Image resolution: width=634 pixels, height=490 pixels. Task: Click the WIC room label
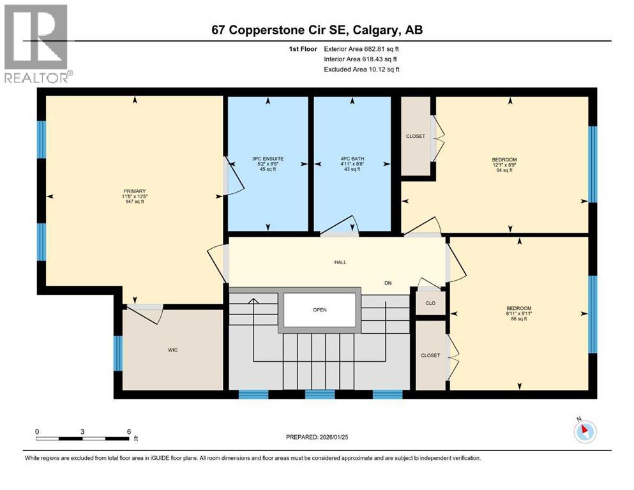pyautogui.click(x=172, y=350)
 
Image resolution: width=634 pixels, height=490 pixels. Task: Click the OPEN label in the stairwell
pyautogui.click(x=319, y=310)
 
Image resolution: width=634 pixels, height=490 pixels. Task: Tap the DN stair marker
pyautogui.click(x=388, y=283)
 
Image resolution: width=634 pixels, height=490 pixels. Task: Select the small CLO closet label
pyautogui.click(x=430, y=303)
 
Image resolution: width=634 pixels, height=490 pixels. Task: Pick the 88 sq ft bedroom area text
pyautogui.click(x=518, y=320)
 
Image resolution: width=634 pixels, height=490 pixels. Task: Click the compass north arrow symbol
pyautogui.click(x=584, y=431)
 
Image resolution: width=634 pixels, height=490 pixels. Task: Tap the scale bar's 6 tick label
pyautogui.click(x=129, y=431)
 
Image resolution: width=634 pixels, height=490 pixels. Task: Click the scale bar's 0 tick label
pyautogui.click(x=38, y=431)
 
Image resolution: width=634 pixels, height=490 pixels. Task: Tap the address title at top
pyautogui.click(x=317, y=30)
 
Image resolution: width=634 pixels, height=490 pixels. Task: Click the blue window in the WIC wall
pyautogui.click(x=117, y=353)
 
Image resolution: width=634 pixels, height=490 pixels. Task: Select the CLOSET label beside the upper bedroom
pyautogui.click(x=416, y=136)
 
